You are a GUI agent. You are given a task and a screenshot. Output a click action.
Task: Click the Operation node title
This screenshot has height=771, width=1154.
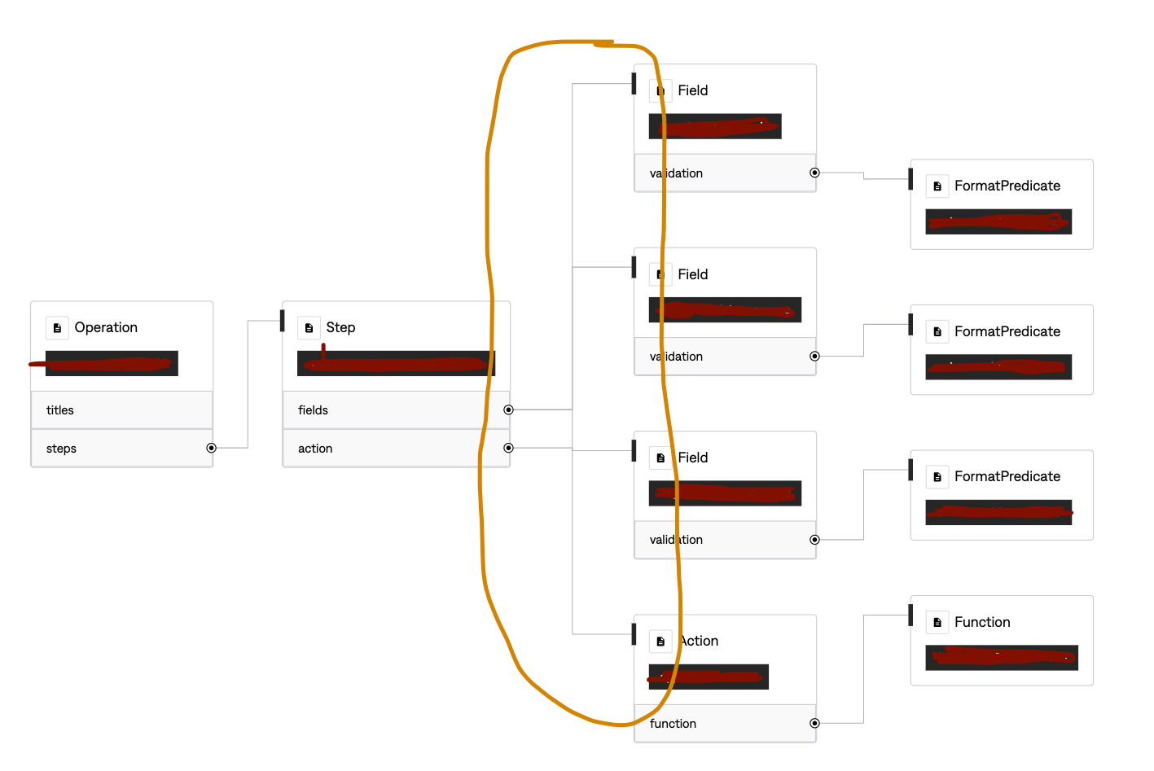pyautogui.click(x=106, y=327)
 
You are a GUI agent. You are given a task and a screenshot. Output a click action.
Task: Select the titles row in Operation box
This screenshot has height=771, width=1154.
pyautogui.click(x=60, y=410)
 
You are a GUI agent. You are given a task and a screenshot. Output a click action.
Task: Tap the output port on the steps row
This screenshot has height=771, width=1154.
pyautogui.click(x=211, y=448)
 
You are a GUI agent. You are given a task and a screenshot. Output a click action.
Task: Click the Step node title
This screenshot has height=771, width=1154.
pyautogui.click(x=340, y=327)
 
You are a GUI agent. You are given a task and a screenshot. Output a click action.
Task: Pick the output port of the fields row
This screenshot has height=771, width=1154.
pyautogui.click(x=508, y=410)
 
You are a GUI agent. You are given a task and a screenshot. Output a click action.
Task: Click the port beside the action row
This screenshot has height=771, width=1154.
pyautogui.click(x=508, y=448)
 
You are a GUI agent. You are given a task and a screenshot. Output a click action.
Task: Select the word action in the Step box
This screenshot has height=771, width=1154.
pyautogui.click(x=315, y=449)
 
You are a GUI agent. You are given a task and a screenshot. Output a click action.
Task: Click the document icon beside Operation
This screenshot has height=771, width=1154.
pyautogui.click(x=57, y=327)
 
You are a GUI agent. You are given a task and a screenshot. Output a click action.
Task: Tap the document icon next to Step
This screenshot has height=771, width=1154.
pyautogui.click(x=309, y=327)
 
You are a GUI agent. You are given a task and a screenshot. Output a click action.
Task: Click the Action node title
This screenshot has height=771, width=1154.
pyautogui.click(x=699, y=641)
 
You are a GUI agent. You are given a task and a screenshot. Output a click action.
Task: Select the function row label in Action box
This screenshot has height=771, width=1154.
pyautogui.click(x=673, y=724)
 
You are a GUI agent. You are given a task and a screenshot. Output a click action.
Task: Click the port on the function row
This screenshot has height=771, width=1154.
pyautogui.click(x=814, y=723)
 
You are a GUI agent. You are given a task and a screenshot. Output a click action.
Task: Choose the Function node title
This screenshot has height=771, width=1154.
pyautogui.click(x=982, y=622)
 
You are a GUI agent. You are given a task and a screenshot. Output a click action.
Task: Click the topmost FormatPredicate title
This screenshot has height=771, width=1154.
pyautogui.click(x=1007, y=186)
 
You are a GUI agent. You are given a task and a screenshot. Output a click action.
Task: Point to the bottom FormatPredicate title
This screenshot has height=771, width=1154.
pyautogui.click(x=1007, y=476)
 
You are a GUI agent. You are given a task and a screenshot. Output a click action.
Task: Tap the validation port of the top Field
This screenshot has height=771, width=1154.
pyautogui.click(x=814, y=173)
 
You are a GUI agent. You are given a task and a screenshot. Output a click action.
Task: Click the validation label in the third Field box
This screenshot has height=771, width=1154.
pyautogui.click(x=676, y=540)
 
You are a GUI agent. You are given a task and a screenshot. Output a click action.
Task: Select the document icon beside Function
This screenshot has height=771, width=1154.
pyautogui.click(x=937, y=622)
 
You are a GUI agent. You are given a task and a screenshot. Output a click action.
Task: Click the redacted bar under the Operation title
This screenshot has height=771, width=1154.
pyautogui.click(x=112, y=363)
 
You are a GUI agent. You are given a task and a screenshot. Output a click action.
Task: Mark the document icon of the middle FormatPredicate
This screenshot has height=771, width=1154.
pyautogui.click(x=937, y=331)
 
